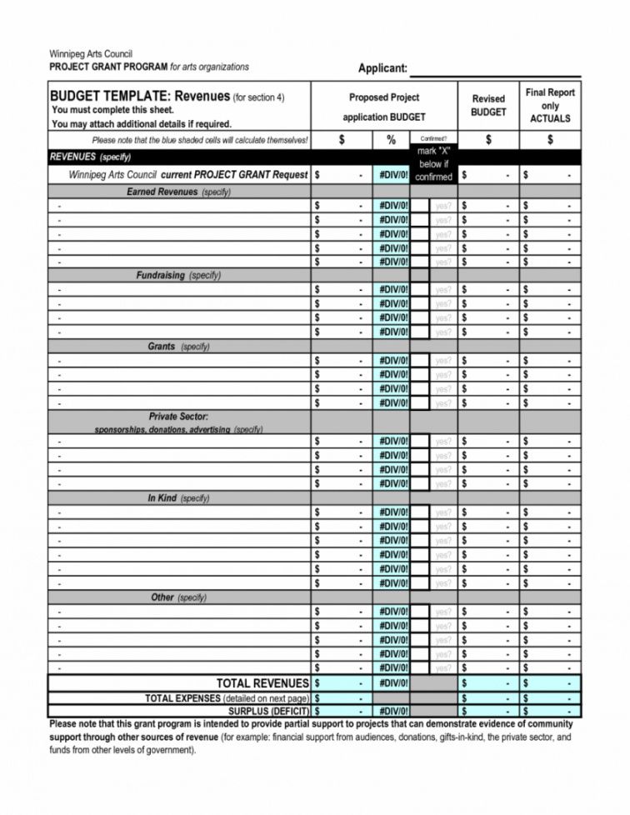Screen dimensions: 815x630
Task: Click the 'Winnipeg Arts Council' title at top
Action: click(x=91, y=54)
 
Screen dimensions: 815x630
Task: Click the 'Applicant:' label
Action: click(x=382, y=68)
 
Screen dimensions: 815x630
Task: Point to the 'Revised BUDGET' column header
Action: click(x=488, y=105)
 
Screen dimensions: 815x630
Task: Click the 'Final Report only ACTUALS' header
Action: click(x=550, y=105)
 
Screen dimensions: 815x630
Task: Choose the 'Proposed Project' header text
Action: click(x=383, y=97)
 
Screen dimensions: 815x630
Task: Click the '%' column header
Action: click(x=391, y=141)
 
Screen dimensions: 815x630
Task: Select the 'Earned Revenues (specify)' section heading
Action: click(x=178, y=192)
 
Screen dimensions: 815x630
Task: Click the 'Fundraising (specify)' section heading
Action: click(x=178, y=275)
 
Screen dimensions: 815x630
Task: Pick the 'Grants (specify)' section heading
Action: click(x=178, y=346)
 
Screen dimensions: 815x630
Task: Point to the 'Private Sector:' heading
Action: click(x=178, y=416)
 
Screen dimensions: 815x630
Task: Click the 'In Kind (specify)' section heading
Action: click(x=178, y=497)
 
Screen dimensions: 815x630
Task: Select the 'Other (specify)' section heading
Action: click(x=178, y=597)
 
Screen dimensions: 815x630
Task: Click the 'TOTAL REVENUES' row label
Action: click(x=262, y=683)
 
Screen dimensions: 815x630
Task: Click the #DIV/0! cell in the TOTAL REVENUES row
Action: click(x=391, y=683)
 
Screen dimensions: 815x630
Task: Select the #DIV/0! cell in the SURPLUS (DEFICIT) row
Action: click(x=391, y=711)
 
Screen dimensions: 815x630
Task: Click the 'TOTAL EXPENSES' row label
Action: click(x=227, y=697)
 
